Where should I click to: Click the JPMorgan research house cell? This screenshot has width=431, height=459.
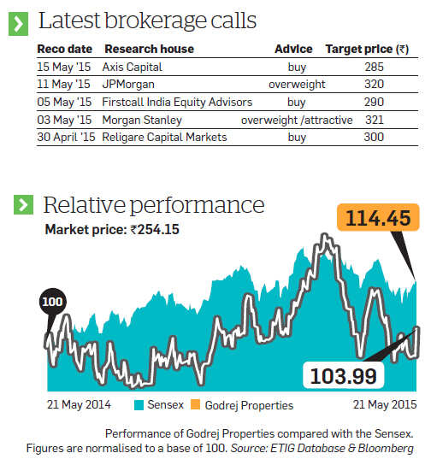pos(128,85)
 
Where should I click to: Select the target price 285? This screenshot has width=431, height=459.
pos(374,67)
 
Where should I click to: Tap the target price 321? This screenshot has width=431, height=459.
pos(375,120)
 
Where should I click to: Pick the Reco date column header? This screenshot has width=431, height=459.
pos(65,49)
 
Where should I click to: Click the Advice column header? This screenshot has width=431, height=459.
pos(293,49)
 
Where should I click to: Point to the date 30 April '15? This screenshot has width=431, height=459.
pos(66,137)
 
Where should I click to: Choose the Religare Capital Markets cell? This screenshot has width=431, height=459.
pos(164,137)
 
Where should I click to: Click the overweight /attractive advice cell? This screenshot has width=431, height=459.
pos(297,120)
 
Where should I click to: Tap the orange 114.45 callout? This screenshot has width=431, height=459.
pos(378,217)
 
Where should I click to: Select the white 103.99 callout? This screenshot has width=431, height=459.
pos(343,375)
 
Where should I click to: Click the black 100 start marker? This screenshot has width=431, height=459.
pos(53,302)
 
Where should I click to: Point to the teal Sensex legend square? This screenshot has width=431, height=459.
pos(139,405)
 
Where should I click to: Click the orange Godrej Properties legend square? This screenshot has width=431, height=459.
pos(195,404)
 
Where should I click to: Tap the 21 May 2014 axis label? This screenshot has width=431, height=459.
pos(79,404)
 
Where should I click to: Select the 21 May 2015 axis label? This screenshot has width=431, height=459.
pos(385,404)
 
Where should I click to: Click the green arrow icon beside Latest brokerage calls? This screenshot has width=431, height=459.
pos(18,24)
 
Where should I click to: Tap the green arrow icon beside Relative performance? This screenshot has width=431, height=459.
pos(23,204)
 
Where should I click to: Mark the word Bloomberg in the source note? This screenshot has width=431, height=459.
pos(386,449)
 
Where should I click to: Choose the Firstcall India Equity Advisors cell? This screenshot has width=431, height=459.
pos(177,103)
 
